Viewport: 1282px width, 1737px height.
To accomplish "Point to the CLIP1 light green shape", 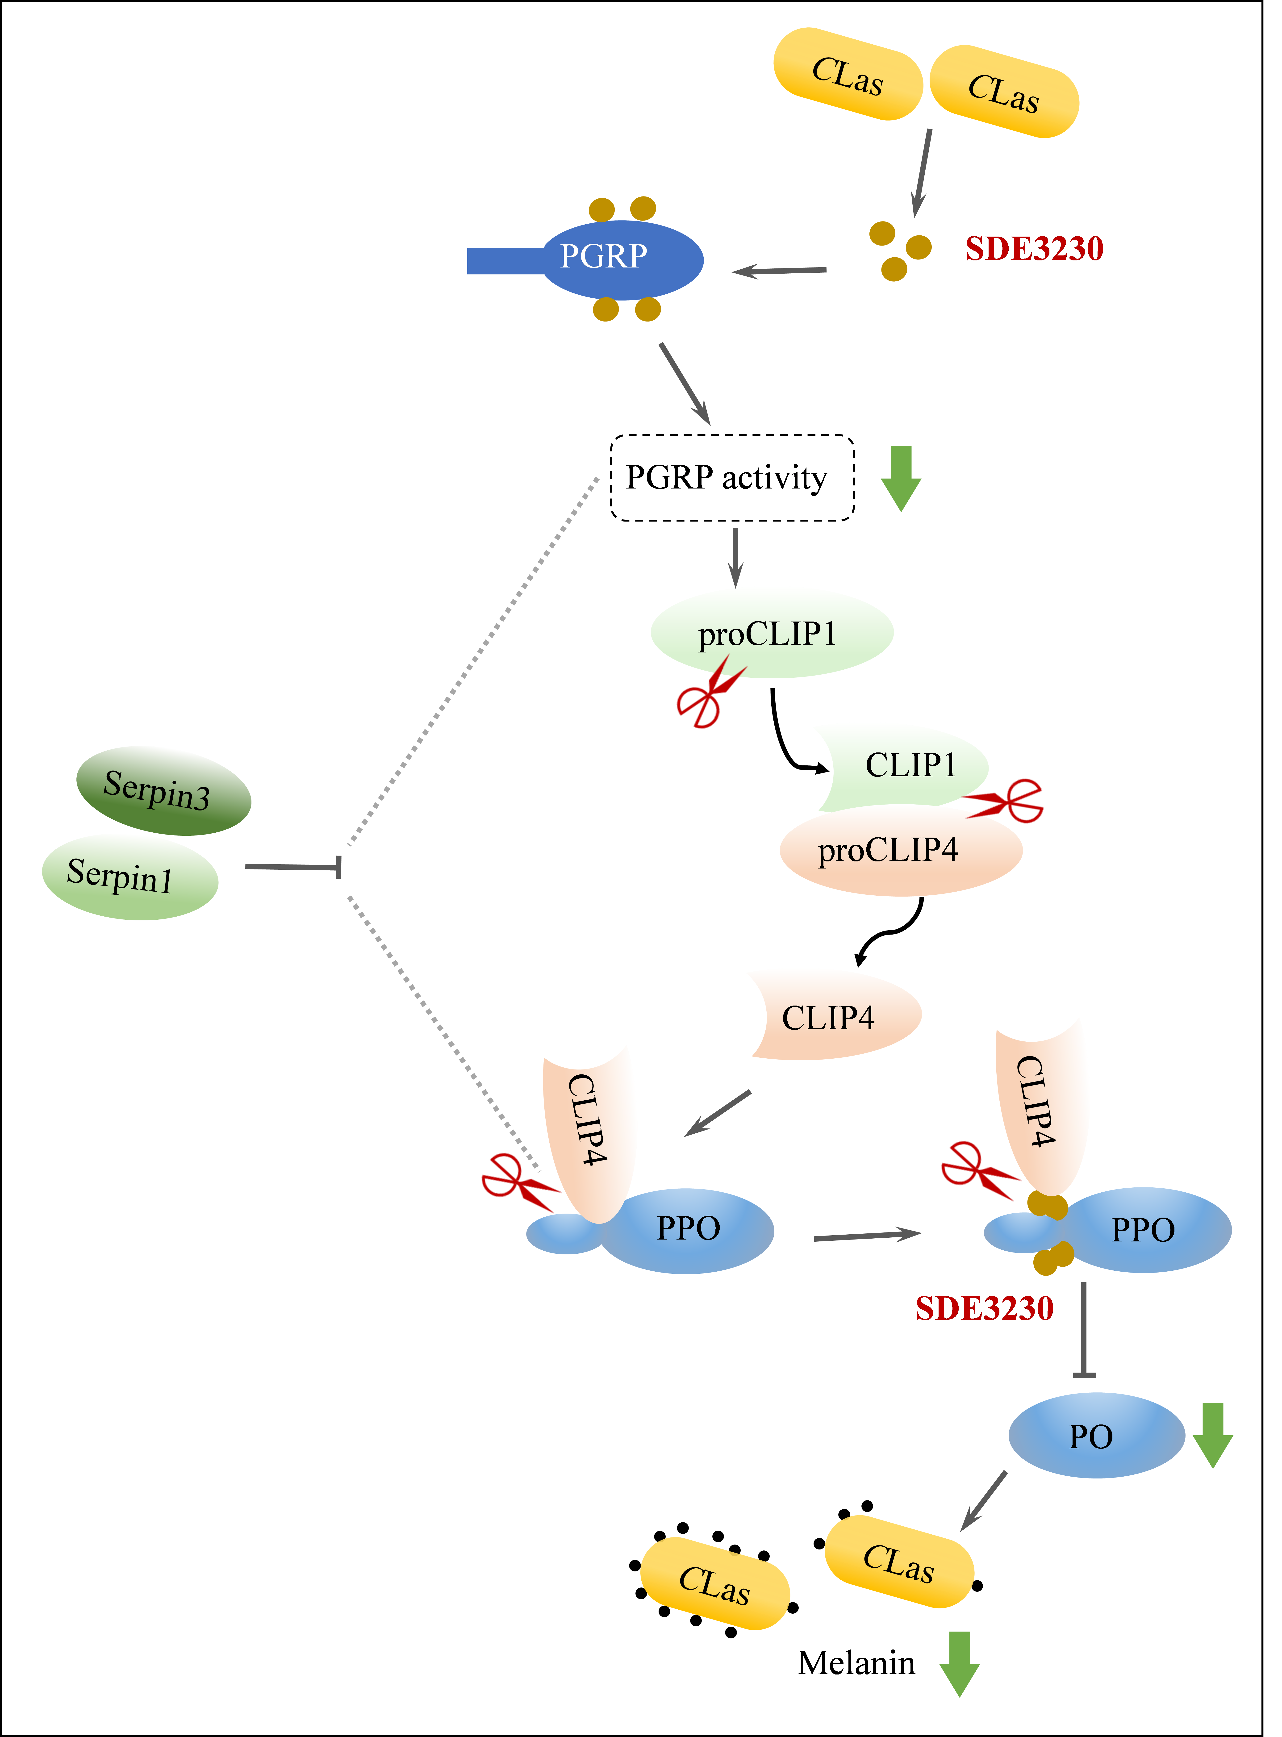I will pos(904,767).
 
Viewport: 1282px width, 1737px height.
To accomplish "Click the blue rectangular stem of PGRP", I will pos(504,261).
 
